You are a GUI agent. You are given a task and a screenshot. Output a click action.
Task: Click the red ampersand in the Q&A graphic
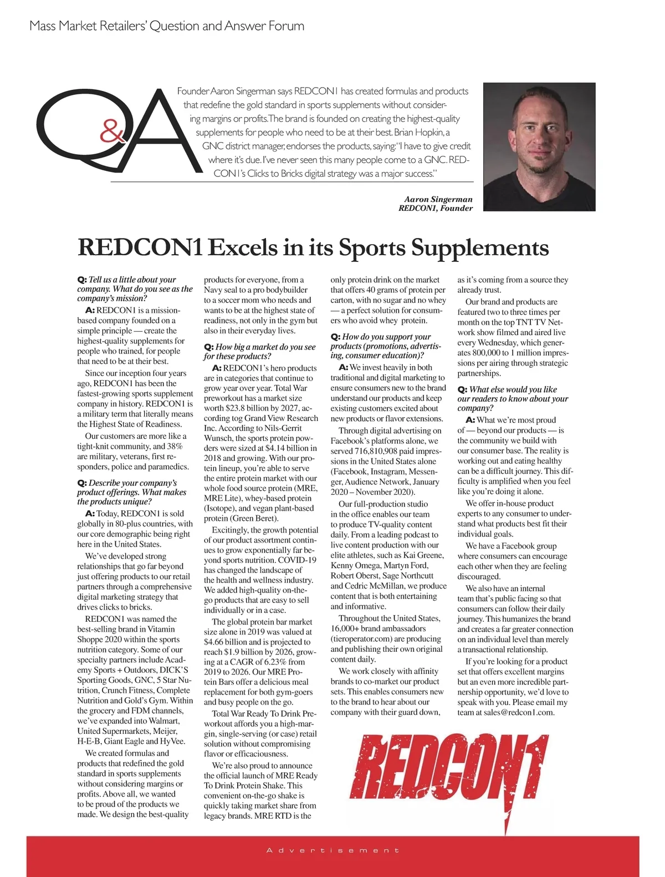pyautogui.click(x=113, y=132)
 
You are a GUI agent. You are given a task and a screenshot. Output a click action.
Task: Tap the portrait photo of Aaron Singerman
pyautogui.click(x=539, y=146)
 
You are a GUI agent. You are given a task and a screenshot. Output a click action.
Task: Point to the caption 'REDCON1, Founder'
pyautogui.click(x=436, y=209)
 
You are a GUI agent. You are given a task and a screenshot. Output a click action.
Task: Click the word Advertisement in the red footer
pyautogui.click(x=332, y=850)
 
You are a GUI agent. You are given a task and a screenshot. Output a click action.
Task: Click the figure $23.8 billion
pyautogui.click(x=244, y=408)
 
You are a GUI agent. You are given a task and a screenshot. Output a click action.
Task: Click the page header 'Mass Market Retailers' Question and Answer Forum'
pyautogui.click(x=167, y=26)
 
